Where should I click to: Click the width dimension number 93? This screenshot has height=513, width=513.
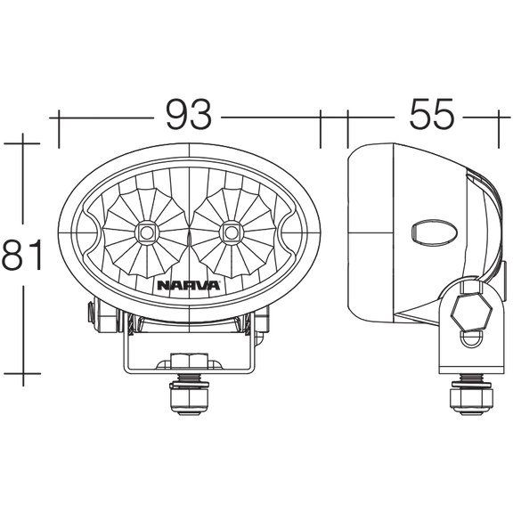(189, 114)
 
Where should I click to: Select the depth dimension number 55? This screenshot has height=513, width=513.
(432, 114)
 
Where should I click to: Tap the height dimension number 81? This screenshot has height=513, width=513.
(22, 254)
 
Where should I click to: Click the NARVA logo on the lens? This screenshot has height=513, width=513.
(189, 285)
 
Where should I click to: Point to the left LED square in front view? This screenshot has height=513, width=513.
(147, 233)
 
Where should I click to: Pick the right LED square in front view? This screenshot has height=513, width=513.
(231, 233)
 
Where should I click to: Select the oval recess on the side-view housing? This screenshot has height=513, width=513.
(434, 233)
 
